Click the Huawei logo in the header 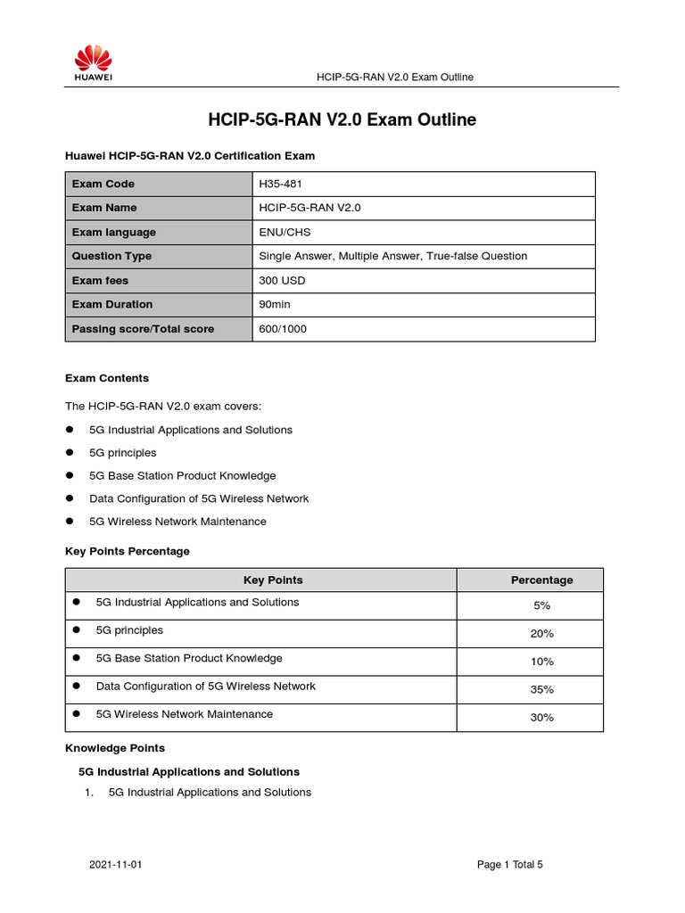[x=93, y=64]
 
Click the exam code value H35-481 [x=278, y=184]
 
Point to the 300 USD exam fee [x=281, y=280]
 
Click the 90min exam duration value [x=274, y=304]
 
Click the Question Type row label [x=111, y=256]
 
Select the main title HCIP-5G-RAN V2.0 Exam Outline [x=342, y=119]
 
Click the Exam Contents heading [x=107, y=378]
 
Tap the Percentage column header [x=541, y=580]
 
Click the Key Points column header [x=273, y=580]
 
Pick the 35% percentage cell [x=541, y=689]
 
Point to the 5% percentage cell [x=541, y=605]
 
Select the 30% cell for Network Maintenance [x=541, y=717]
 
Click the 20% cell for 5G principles [x=541, y=633]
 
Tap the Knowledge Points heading [x=115, y=748]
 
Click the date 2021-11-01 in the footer [x=116, y=864]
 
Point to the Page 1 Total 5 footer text [x=510, y=864]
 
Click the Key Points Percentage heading [x=128, y=551]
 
